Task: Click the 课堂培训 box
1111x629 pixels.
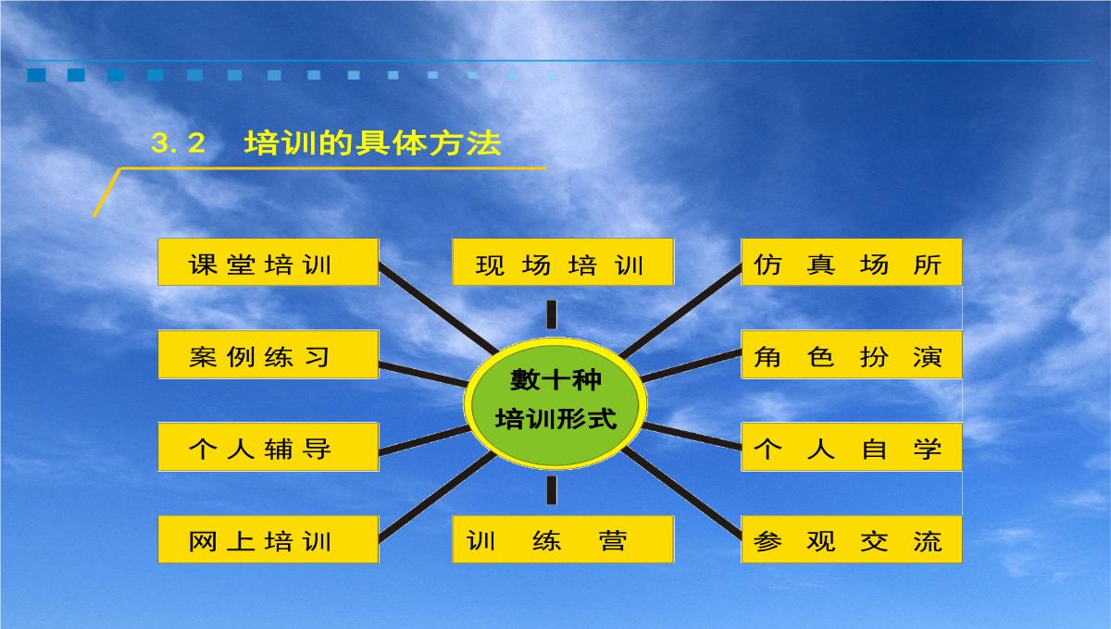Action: click(268, 262)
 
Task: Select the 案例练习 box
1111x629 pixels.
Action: click(268, 355)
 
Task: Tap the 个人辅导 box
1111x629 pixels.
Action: click(268, 447)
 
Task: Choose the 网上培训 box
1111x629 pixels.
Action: click(268, 539)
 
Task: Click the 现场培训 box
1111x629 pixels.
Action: click(563, 262)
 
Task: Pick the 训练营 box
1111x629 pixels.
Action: click(563, 539)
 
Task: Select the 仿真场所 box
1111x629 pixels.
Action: click(852, 262)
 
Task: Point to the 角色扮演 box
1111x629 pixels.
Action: click(852, 355)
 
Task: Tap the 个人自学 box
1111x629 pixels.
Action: click(852, 447)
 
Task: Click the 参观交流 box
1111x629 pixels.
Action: click(852, 539)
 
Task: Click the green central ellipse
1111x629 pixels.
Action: click(555, 403)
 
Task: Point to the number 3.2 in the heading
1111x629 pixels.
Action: click(178, 143)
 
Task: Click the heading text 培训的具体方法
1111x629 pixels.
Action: click(372, 143)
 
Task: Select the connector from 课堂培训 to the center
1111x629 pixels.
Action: click(438, 308)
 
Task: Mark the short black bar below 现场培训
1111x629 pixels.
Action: click(552, 314)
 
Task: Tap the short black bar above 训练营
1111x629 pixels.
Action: click(552, 490)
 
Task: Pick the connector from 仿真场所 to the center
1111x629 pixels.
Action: click(680, 311)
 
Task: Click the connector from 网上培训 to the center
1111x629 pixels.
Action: click(437, 497)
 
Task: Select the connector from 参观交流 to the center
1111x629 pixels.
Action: click(681, 493)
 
